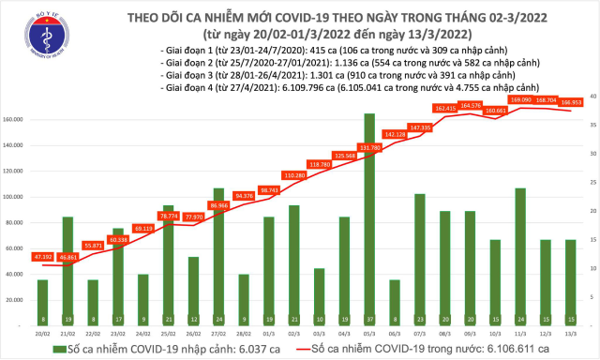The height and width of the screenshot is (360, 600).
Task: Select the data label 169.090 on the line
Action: pos(521,98)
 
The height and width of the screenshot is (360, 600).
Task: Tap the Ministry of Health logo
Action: pos(33,36)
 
